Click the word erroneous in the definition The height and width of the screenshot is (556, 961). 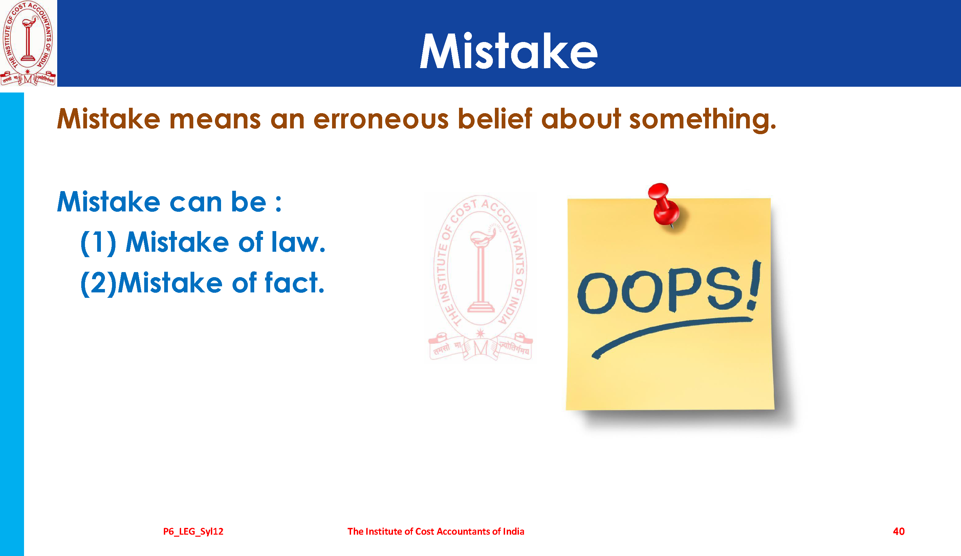(x=380, y=119)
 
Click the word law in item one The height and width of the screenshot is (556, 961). (x=298, y=242)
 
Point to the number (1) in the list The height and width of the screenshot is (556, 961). (x=98, y=243)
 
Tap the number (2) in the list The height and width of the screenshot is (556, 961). (x=98, y=284)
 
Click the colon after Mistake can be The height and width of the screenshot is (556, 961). (x=278, y=203)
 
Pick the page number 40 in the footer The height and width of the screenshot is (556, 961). (x=898, y=531)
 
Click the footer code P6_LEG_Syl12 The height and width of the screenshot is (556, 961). (x=193, y=532)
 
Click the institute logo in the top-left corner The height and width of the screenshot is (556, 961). (x=28, y=43)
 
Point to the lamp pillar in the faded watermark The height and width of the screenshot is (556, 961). (x=481, y=275)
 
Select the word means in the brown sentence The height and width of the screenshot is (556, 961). (x=215, y=120)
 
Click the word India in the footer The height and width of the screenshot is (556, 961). (x=514, y=531)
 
